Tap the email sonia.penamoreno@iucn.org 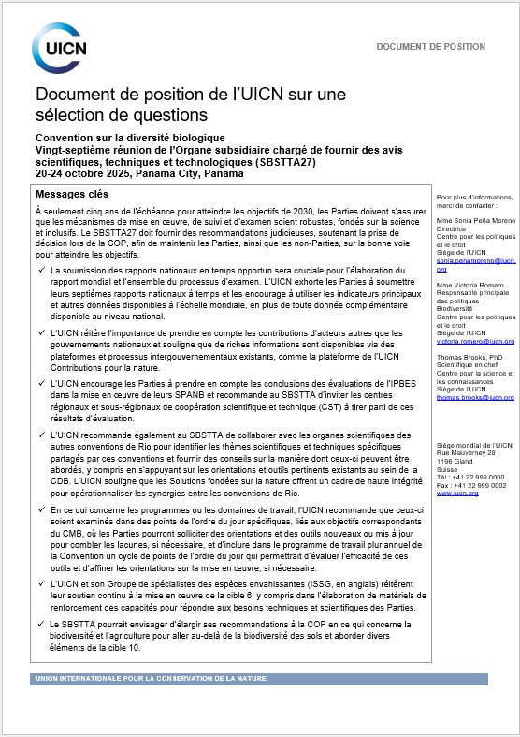click(x=475, y=264)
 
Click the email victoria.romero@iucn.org click(x=475, y=342)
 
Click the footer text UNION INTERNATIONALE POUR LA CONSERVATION click(x=151, y=678)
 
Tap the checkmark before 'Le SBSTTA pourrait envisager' click(x=40, y=623)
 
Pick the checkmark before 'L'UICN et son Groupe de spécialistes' click(x=40, y=582)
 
